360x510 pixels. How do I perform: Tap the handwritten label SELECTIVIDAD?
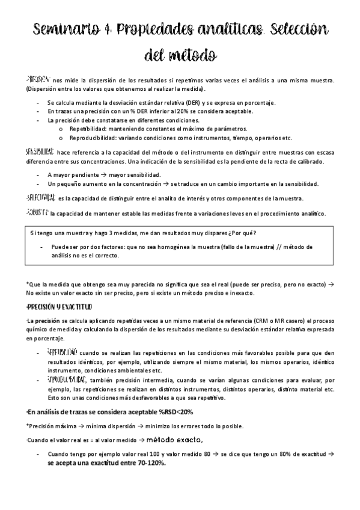(x=41, y=198)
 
